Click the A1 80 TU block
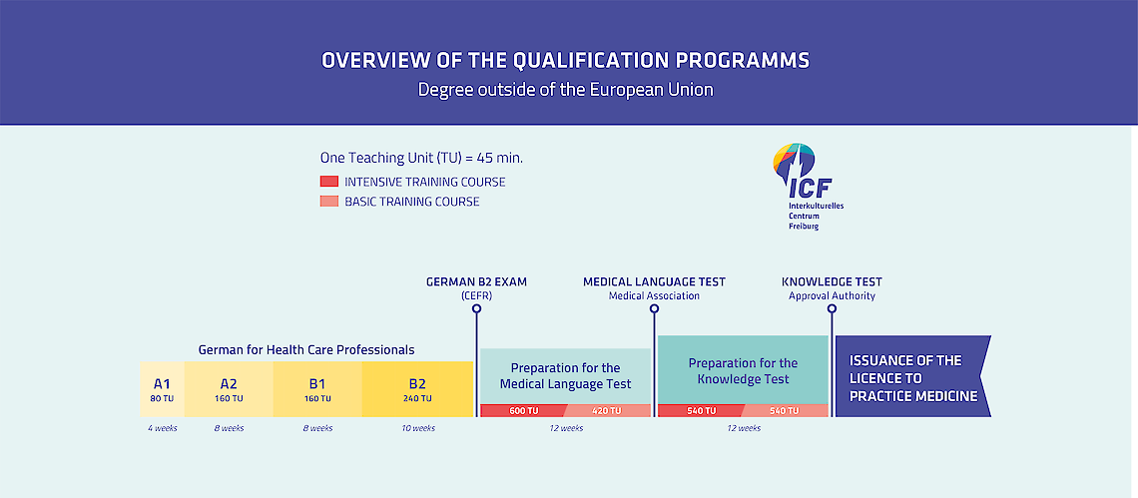point(162,389)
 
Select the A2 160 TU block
point(229,389)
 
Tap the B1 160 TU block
point(317,389)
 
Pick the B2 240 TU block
point(417,389)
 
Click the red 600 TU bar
point(522,411)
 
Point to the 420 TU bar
point(607,411)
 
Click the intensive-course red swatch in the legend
point(328,182)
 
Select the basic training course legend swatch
point(328,201)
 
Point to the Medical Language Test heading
point(654,281)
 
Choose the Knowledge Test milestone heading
point(832,281)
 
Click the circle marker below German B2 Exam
point(476,308)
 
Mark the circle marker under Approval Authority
point(832,308)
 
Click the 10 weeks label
point(418,428)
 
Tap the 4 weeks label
point(162,428)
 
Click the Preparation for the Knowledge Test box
point(743,369)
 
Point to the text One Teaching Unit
point(376,158)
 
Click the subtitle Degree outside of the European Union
point(565,91)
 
